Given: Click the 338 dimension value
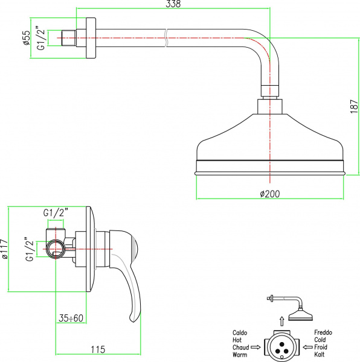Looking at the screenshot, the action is click(173, 4).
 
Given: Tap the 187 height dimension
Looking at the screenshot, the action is click(354, 106).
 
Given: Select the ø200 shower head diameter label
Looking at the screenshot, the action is click(269, 194).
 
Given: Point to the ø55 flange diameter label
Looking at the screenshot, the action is click(27, 37).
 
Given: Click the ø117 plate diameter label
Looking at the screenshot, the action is click(4, 249).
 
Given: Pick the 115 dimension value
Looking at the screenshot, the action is click(98, 349).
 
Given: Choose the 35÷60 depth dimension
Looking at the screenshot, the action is click(71, 318).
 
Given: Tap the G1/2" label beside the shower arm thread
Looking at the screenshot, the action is click(41, 39).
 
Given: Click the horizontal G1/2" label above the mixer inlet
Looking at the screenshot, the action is click(56, 212).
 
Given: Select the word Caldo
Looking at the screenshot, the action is click(240, 332).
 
